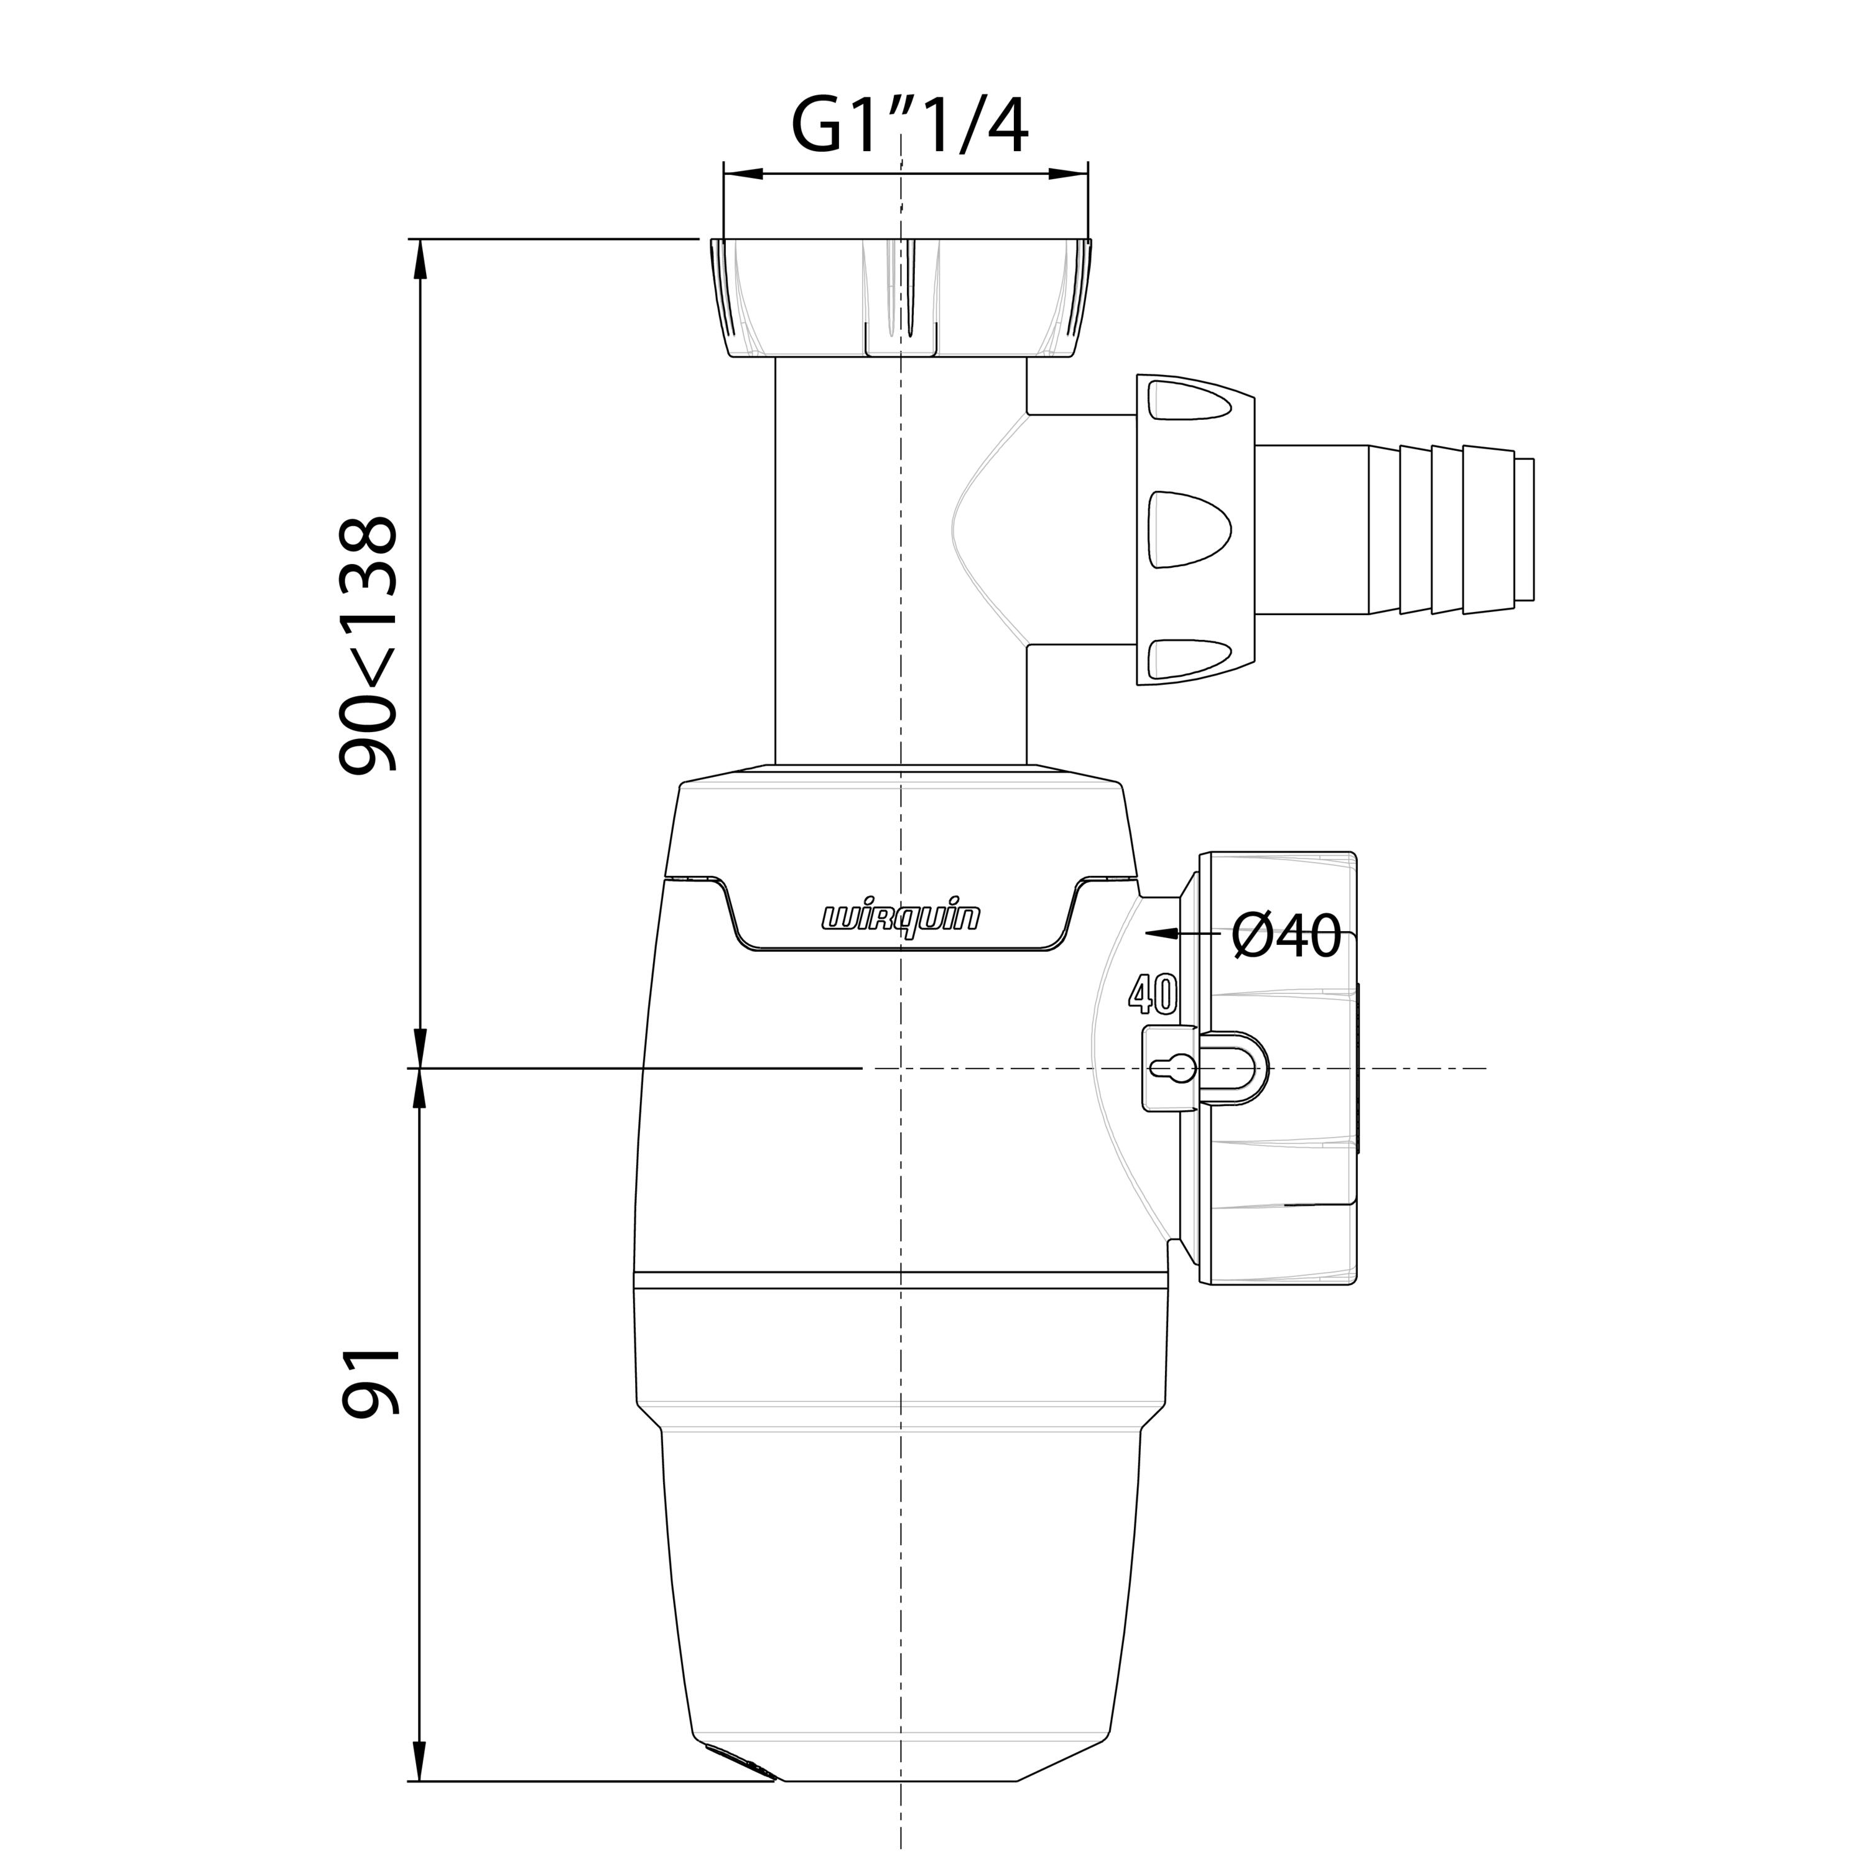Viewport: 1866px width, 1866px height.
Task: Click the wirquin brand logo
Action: (900, 917)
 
